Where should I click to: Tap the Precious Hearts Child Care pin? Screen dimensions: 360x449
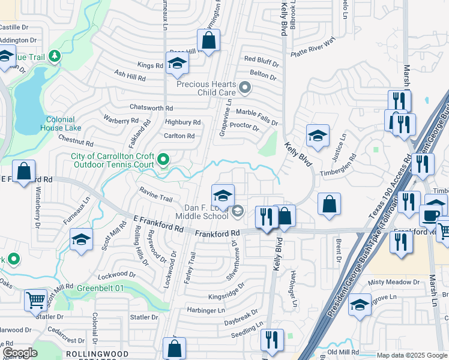pos(244,89)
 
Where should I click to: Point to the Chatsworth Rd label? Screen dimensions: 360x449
pos(151,108)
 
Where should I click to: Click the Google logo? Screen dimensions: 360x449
pos(19,353)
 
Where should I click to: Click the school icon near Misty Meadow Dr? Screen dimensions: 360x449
pos(360,306)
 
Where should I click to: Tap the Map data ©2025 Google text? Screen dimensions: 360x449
pos(411,355)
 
